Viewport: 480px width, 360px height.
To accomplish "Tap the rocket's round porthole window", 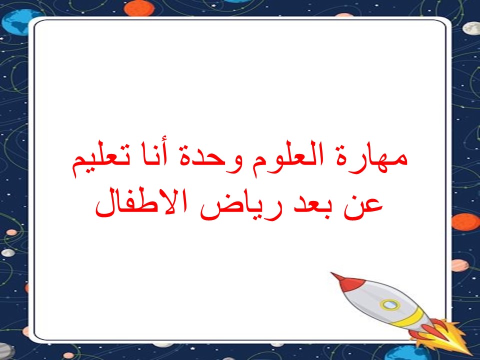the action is [389, 304].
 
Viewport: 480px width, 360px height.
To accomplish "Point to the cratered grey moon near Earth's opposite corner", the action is [471, 28].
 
